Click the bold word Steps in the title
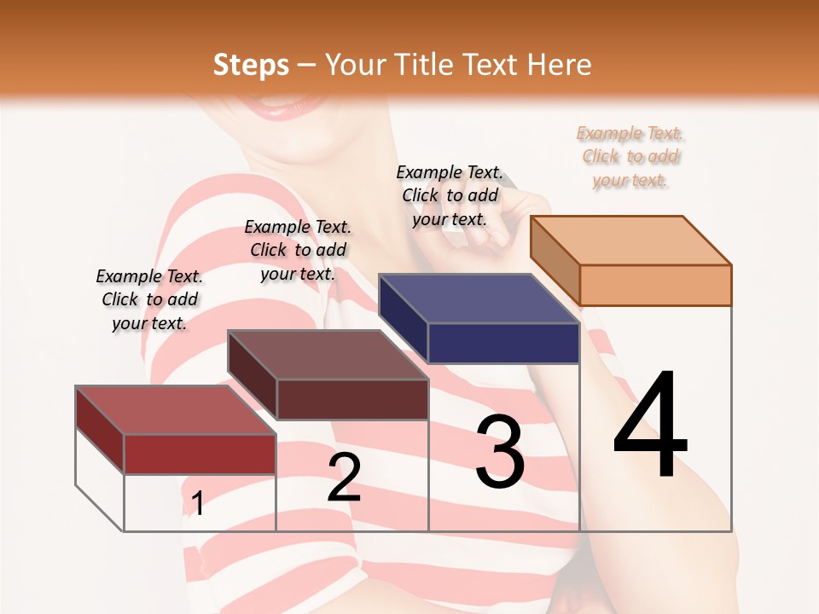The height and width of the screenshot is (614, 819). click(251, 66)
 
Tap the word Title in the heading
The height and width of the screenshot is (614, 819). click(424, 66)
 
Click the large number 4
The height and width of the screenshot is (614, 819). click(650, 426)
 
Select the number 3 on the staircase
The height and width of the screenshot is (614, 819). click(500, 452)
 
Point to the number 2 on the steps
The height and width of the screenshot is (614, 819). click(344, 478)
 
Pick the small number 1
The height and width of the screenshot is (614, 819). click(197, 504)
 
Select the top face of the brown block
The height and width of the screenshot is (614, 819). click(328, 354)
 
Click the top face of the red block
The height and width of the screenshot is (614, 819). click(176, 409)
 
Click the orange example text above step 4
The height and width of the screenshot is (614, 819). click(630, 157)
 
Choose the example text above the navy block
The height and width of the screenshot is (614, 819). click(450, 195)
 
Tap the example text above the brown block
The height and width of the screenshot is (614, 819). click(298, 250)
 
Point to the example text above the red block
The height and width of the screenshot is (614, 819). click(149, 299)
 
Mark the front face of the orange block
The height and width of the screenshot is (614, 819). click(655, 285)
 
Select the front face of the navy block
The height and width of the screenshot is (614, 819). click(503, 343)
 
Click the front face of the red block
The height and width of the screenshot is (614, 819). click(200, 454)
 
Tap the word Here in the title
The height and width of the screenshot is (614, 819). click(559, 66)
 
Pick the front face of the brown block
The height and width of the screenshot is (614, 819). click(351, 399)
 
